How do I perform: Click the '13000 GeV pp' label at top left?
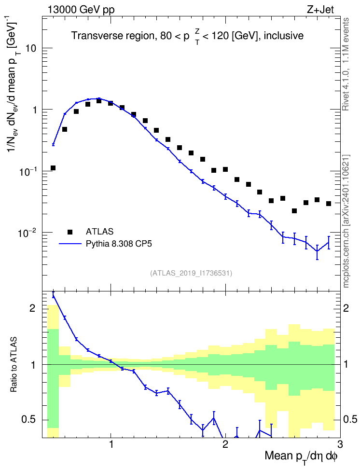tap(81, 10)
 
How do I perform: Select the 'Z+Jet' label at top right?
tap(320, 10)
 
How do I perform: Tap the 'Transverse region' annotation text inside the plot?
tap(113, 36)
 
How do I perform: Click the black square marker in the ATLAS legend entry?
tap(70, 232)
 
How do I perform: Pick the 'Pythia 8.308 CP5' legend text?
tap(119, 244)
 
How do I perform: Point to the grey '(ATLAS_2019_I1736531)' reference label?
tap(191, 273)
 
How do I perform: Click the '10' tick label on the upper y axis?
tap(30, 48)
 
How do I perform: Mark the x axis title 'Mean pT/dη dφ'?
tap(301, 457)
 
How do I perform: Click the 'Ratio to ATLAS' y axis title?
tap(14, 365)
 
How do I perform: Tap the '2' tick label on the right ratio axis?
tap(346, 308)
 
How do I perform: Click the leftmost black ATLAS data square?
tap(53, 168)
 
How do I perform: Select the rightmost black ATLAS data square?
tap(329, 204)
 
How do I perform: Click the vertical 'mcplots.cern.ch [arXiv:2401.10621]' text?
tap(346, 221)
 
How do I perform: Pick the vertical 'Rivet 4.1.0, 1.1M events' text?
tap(346, 64)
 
